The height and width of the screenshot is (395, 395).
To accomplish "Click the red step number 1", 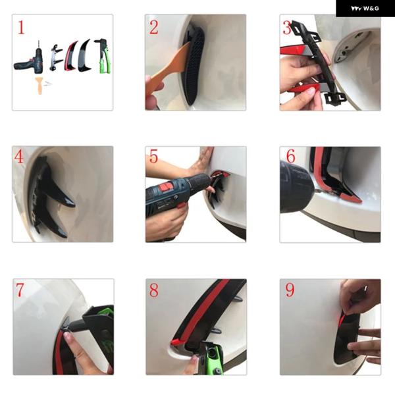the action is [x=21, y=28].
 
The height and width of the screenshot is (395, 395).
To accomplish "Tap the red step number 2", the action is [x=153, y=27].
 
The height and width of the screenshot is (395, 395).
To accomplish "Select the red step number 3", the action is [x=287, y=28].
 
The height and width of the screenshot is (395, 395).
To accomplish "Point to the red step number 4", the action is [x=18, y=157].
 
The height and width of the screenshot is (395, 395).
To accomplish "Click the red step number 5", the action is [x=153, y=156].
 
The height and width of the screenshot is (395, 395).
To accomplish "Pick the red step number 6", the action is [x=290, y=156].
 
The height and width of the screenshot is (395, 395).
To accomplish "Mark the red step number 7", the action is [x=20, y=290].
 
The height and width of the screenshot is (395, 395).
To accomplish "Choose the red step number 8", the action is [x=154, y=290].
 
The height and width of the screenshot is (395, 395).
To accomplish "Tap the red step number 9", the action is [x=290, y=290].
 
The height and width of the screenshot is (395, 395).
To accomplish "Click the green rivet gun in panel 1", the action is [x=103, y=56].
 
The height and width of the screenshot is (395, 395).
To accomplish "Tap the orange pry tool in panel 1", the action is [x=39, y=85].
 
